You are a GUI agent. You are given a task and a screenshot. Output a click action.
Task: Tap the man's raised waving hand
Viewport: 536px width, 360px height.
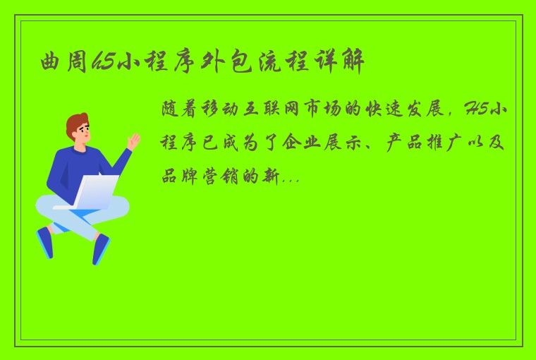(x=133, y=141)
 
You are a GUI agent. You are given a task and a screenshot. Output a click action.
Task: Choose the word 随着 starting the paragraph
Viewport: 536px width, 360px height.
(x=176, y=109)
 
